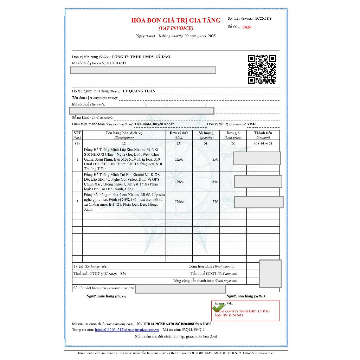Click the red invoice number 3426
click(x=247, y=27)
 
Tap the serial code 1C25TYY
click(x=263, y=18)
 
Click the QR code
click(x=262, y=69)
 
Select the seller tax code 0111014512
click(x=117, y=63)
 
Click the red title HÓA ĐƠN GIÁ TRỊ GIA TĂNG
click(x=176, y=20)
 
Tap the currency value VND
click(x=251, y=124)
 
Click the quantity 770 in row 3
click(x=215, y=202)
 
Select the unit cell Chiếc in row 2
click(x=179, y=182)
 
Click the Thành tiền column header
click(x=263, y=133)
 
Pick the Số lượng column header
click(x=206, y=133)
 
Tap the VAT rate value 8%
click(x=123, y=274)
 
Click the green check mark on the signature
click(x=218, y=308)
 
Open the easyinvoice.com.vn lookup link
click(x=127, y=330)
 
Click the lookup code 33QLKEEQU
click(x=193, y=330)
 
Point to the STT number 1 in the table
click(x=77, y=159)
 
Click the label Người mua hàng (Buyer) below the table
click(x=106, y=296)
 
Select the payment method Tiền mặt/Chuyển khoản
click(x=154, y=124)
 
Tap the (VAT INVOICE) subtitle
click(x=176, y=28)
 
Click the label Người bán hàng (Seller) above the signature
click(x=245, y=296)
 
